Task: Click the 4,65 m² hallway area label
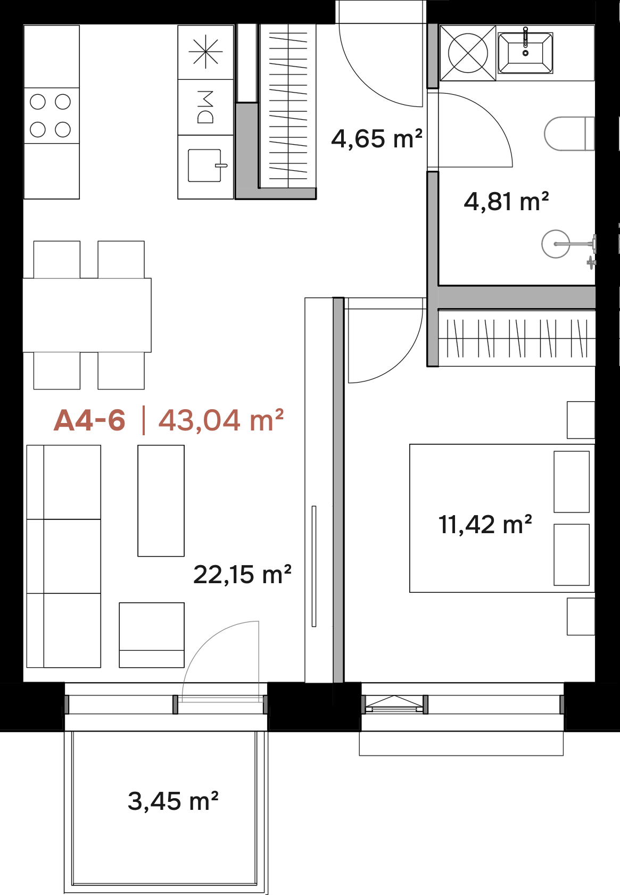pyautogui.click(x=377, y=139)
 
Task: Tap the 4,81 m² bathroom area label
pyautogui.click(x=506, y=201)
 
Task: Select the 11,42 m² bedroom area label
pyautogui.click(x=485, y=525)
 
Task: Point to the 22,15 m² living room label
pyautogui.click(x=242, y=575)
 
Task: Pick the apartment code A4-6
pyautogui.click(x=89, y=420)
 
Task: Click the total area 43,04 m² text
pyautogui.click(x=221, y=420)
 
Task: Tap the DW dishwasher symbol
pyautogui.click(x=205, y=107)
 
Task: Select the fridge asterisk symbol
pyautogui.click(x=205, y=52)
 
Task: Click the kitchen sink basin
pyautogui.click(x=205, y=165)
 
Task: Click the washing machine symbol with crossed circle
pyautogui.click(x=468, y=53)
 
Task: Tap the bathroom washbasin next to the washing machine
pyautogui.click(x=525, y=53)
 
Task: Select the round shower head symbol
pyautogui.click(x=556, y=244)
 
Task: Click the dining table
pyautogui.click(x=87, y=315)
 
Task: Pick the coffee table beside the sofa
pyautogui.click(x=161, y=501)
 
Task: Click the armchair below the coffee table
pyautogui.click(x=152, y=635)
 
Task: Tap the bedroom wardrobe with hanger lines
pyautogui.click(x=516, y=338)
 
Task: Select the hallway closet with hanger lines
pyautogui.click(x=288, y=106)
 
